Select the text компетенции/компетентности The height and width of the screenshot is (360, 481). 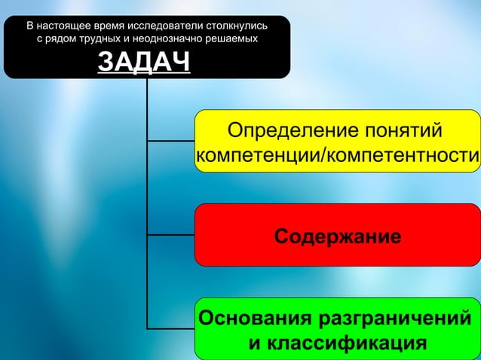[x=337, y=156]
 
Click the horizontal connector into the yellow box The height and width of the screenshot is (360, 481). [x=170, y=140]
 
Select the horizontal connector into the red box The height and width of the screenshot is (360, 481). [x=170, y=235]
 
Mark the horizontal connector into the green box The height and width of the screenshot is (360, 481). [x=170, y=328]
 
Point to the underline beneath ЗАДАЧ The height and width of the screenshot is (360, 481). [x=143, y=75]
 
